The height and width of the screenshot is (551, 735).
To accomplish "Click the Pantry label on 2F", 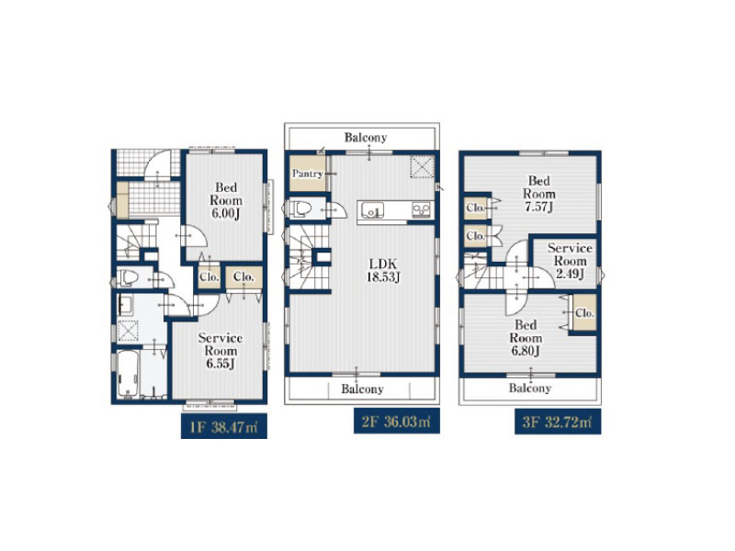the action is click(x=308, y=174).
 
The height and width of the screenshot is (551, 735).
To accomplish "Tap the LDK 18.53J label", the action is click(x=383, y=270).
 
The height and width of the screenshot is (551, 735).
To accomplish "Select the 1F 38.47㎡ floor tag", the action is click(x=224, y=426).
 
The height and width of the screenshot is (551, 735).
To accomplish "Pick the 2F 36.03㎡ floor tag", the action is click(x=397, y=422).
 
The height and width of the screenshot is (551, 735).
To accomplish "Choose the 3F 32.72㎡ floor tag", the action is click(x=558, y=422).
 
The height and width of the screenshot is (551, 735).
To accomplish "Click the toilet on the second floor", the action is click(x=300, y=209).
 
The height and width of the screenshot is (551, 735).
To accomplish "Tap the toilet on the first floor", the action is click(x=127, y=277).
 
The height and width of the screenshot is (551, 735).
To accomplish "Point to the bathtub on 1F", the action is click(x=128, y=373).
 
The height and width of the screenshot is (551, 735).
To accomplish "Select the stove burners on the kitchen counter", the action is click(x=421, y=209).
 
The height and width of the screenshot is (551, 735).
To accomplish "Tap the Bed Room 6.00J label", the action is click(x=226, y=200).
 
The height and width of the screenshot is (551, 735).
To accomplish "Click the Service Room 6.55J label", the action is click(x=220, y=351).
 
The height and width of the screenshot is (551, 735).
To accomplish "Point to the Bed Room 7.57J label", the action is click(x=539, y=194).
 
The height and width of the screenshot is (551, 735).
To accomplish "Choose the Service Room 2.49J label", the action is click(x=570, y=261).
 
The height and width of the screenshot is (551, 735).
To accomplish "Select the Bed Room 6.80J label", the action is click(x=526, y=338).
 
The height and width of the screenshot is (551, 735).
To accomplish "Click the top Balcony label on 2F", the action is click(x=366, y=137).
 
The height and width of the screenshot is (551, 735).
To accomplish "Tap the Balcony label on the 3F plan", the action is click(x=530, y=388).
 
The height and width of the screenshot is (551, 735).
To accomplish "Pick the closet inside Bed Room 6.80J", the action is click(x=584, y=312).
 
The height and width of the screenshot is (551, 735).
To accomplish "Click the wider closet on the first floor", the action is click(x=243, y=277).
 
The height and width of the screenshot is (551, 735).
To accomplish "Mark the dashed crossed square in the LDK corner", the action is click(x=423, y=167).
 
